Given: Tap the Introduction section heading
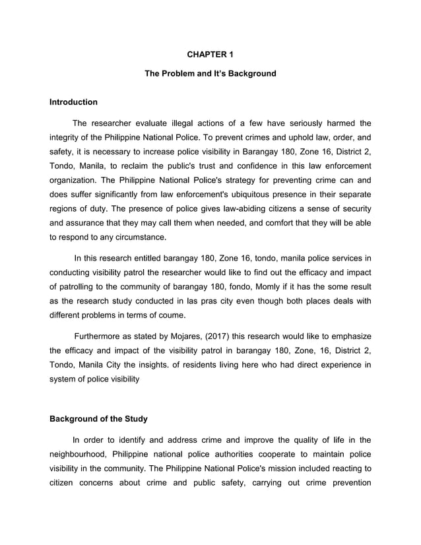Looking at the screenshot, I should (73, 102).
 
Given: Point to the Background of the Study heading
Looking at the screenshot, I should (99, 419).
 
